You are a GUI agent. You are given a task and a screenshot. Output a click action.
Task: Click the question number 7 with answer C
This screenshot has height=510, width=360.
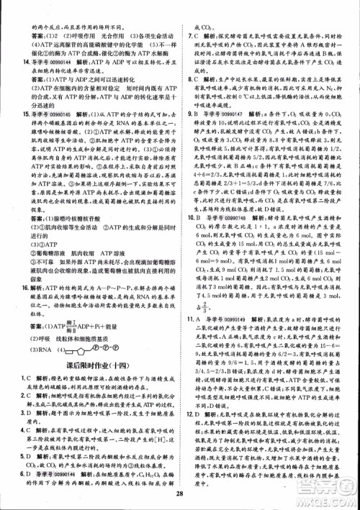click(189, 35)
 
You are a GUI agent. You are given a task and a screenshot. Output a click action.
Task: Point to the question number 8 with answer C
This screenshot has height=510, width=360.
click(189, 81)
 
